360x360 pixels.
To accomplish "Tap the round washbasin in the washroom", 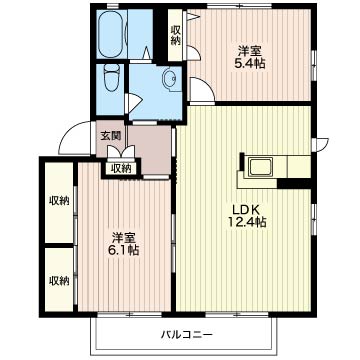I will [167, 80].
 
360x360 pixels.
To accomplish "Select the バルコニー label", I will [183, 334].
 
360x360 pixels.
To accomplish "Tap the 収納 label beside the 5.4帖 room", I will [176, 36].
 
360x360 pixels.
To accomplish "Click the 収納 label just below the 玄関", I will [121, 168].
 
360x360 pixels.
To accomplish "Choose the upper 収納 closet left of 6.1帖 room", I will [58, 201].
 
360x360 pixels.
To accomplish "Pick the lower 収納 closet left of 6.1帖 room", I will [58, 279].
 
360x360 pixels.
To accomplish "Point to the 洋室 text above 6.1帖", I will [124, 236].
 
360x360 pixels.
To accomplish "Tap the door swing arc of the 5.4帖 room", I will [203, 91].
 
